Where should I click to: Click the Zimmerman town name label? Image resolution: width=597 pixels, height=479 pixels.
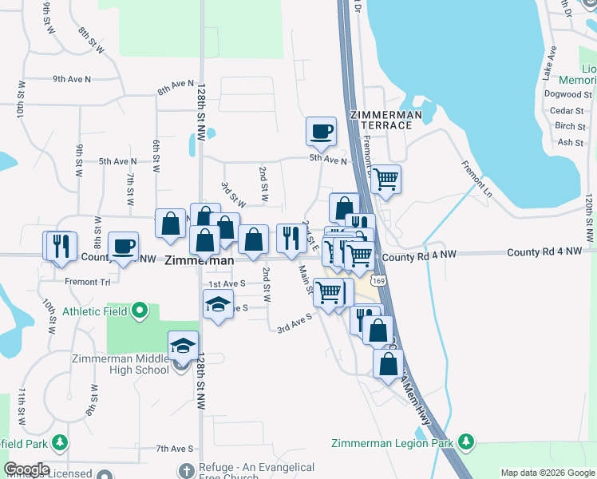[200, 260]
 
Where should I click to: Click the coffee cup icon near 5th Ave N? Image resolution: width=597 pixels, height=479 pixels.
[321, 131]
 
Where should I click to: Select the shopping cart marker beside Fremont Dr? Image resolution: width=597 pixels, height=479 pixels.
[386, 179]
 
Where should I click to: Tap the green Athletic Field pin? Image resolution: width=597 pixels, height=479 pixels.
[140, 310]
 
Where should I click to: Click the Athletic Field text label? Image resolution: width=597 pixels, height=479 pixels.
[94, 311]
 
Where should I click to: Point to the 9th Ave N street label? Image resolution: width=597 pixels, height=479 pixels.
[72, 79]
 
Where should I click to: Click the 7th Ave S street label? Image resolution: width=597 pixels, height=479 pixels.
[175, 449]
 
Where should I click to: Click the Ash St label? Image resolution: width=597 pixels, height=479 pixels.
[571, 142]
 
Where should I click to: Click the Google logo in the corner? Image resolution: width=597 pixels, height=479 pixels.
[26, 469]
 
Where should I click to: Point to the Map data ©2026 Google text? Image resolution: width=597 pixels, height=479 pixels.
[547, 473]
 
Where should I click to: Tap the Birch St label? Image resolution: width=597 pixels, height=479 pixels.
[570, 126]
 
